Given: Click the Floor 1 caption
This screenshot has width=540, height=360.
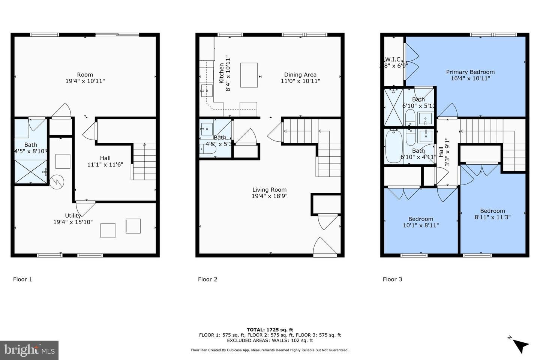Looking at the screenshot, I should tap(22, 279).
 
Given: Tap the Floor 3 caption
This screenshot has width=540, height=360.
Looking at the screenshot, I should tap(392, 279).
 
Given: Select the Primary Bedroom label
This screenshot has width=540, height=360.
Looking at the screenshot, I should tap(470, 72).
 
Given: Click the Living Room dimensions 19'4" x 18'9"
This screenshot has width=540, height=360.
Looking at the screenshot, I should tap(269, 196).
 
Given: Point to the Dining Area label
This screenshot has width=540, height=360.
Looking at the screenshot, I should tap(300, 75).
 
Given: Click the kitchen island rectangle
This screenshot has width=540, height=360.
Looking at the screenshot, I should tap(249, 75).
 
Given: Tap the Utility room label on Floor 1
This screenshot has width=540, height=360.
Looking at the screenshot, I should tap(73, 216).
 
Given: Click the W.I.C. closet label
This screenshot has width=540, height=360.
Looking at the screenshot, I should tap(393, 60).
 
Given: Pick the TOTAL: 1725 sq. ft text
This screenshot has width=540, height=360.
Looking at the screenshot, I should tap(270, 330).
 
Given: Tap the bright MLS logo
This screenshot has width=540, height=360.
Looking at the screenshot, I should tap(29, 350).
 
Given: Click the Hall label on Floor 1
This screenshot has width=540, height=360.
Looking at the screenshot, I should tap(105, 158).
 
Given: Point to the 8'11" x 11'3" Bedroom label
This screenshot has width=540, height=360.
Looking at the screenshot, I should tap(492, 214).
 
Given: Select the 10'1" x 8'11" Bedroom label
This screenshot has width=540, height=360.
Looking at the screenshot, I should tap(421, 222).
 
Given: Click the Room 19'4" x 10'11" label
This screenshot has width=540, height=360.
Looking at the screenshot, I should tap(85, 78).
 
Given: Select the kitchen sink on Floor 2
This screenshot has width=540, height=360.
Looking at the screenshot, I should tap(206, 90).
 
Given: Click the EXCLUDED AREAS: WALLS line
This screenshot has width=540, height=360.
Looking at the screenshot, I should tap(270, 340).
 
